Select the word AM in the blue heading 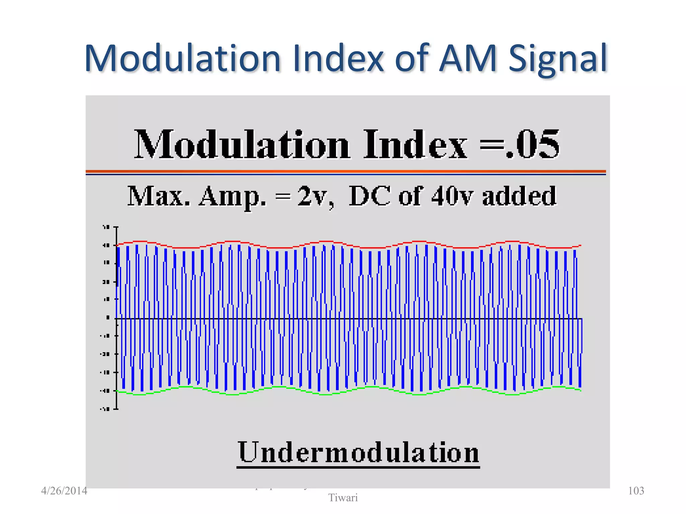click(x=468, y=59)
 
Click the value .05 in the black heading click(x=533, y=145)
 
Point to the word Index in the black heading click(x=415, y=145)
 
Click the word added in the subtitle click(x=519, y=196)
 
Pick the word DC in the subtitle click(x=369, y=196)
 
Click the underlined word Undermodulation click(x=358, y=452)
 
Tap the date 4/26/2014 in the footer click(x=64, y=491)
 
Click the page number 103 click(x=636, y=491)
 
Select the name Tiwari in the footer click(x=343, y=498)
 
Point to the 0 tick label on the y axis click(x=108, y=318)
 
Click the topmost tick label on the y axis click(x=106, y=227)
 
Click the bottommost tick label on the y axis click(x=105, y=409)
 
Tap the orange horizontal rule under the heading click(x=346, y=171)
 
